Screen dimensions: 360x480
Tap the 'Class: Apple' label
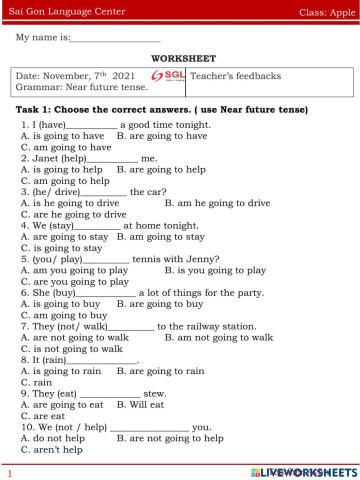click(326, 10)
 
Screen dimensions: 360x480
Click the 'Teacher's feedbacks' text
click(236, 76)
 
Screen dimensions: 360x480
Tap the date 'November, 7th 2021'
click(87, 77)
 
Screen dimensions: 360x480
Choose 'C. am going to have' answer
click(65, 147)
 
